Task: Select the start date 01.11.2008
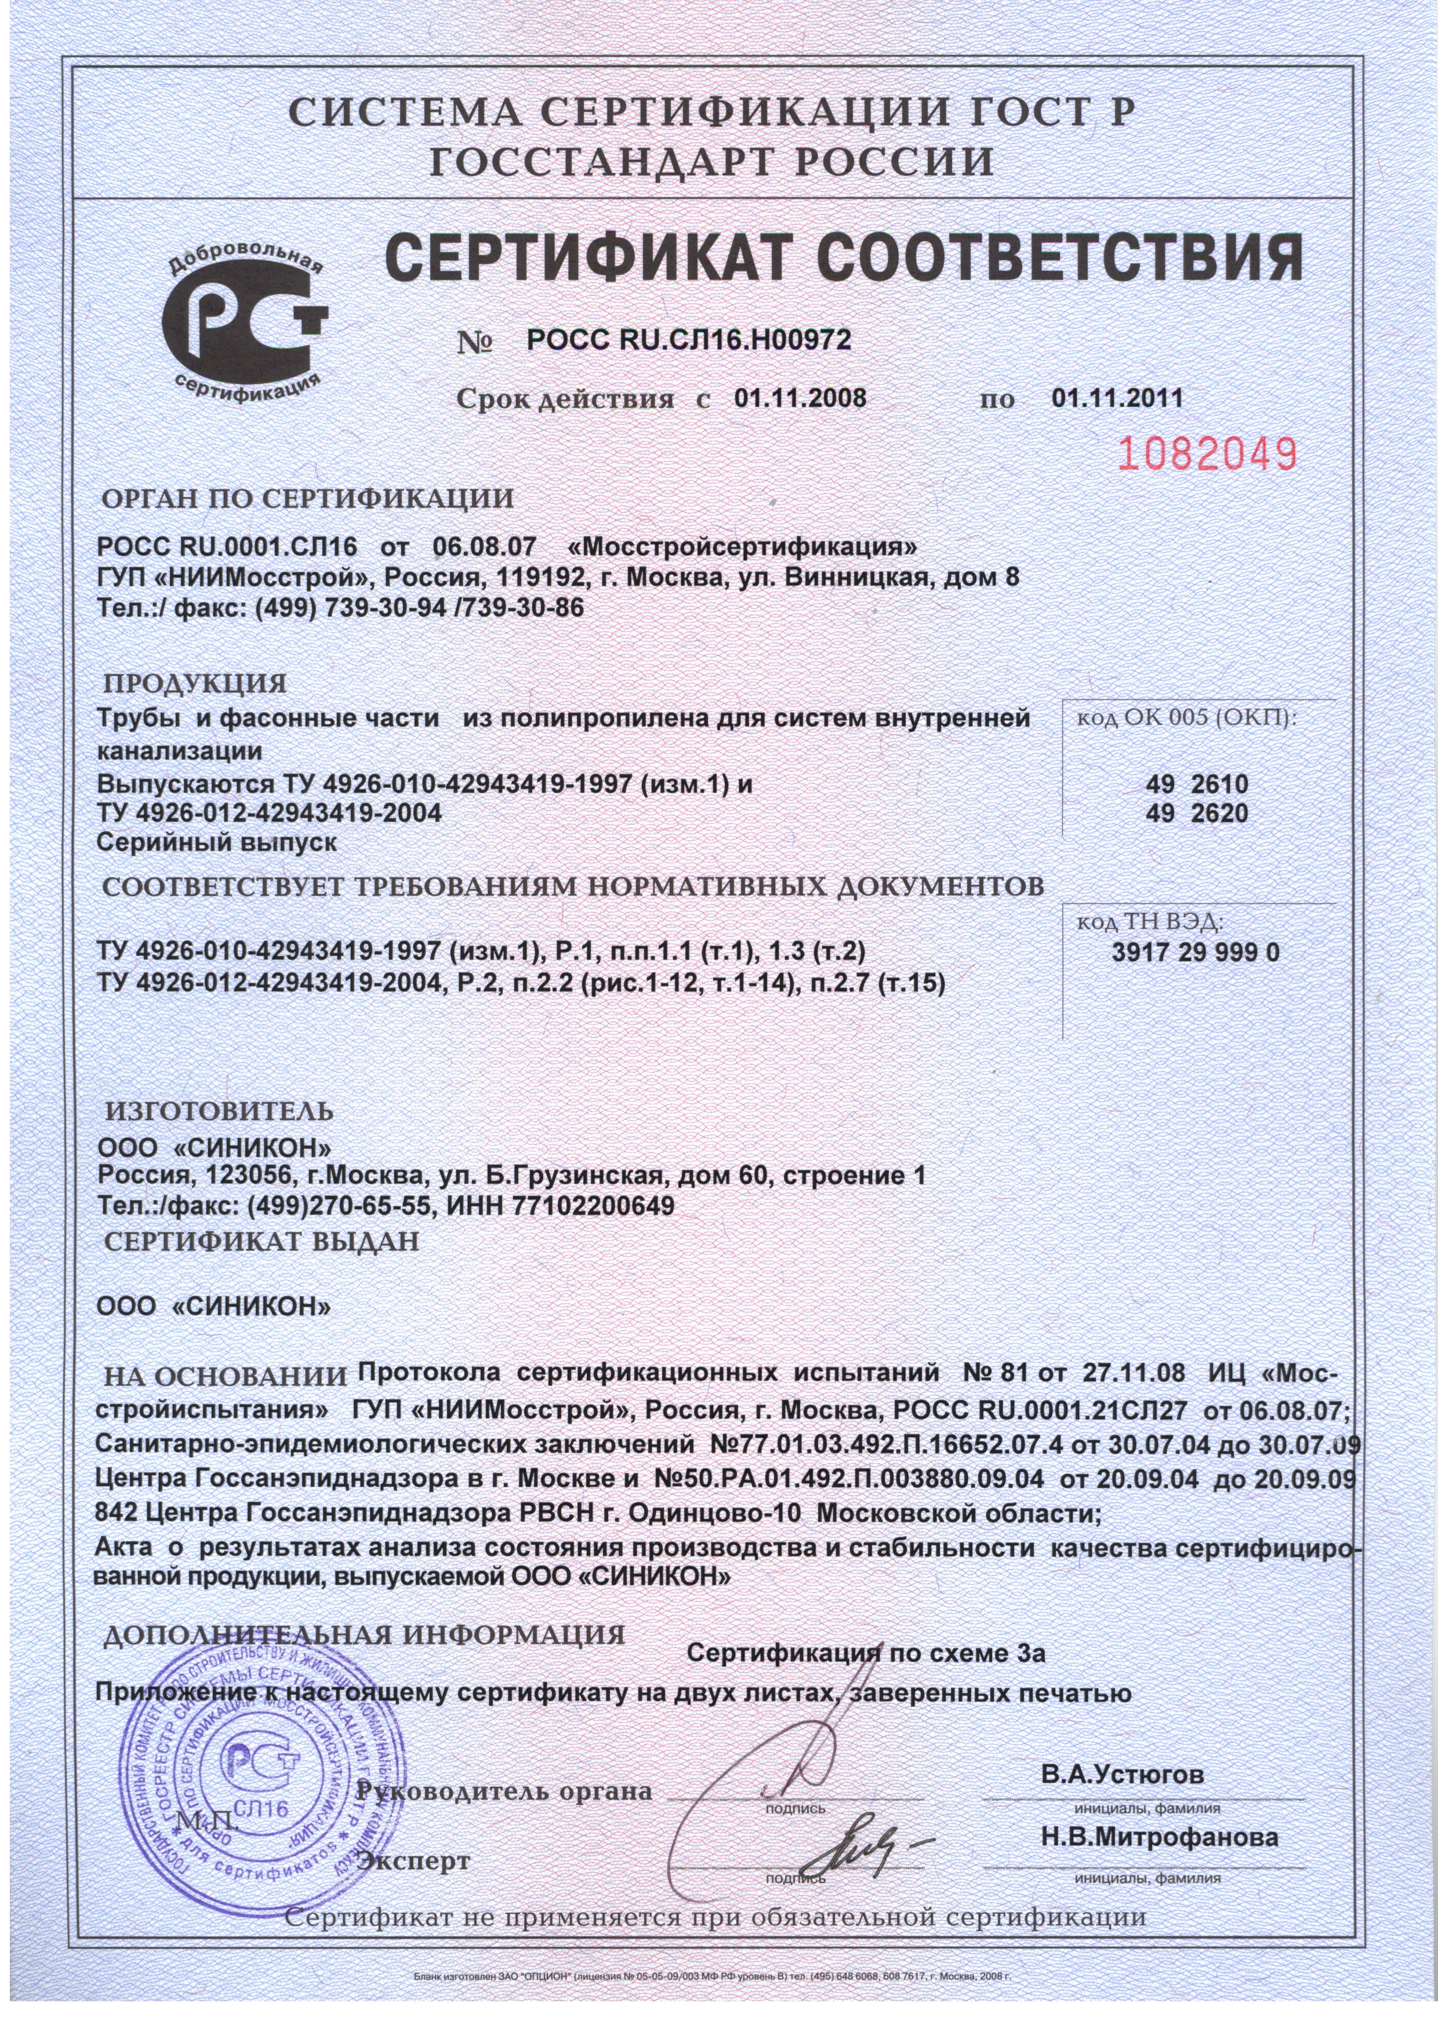(x=800, y=398)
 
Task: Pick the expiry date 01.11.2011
(x=1117, y=398)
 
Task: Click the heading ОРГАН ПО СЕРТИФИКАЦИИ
(x=308, y=499)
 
